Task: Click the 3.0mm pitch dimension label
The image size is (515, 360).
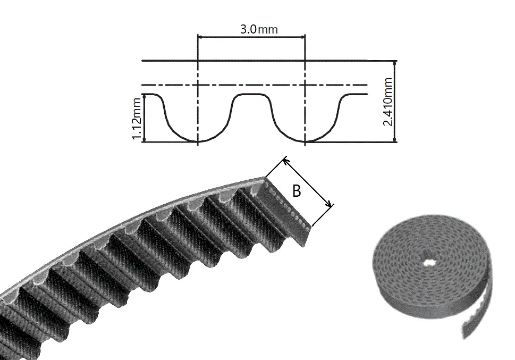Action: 259,29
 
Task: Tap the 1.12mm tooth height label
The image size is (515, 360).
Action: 137,119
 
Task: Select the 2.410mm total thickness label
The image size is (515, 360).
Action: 387,102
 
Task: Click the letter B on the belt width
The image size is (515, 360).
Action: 296,191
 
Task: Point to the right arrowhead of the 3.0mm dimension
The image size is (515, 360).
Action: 303,37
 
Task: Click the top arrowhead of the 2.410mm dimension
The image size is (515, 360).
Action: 395,63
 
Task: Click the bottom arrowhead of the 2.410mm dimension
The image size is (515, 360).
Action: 395,140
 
